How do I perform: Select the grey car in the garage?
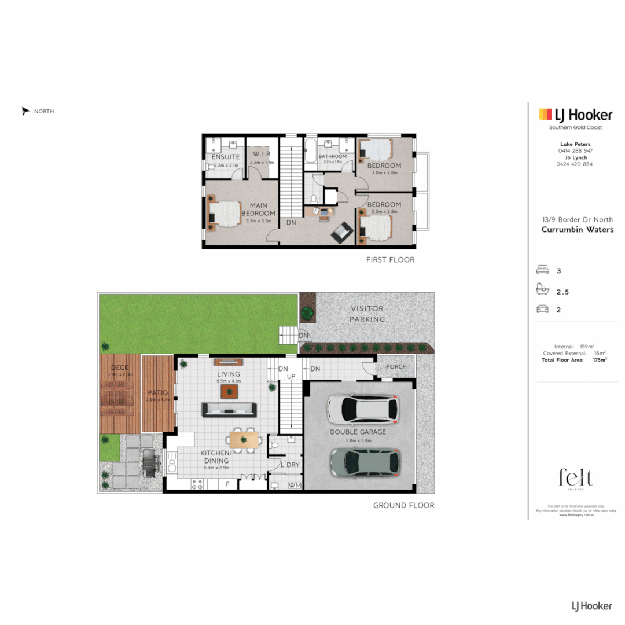(365, 461)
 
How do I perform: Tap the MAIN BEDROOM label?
(262, 209)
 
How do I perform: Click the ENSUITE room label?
(226, 157)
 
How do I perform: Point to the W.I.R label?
(262, 155)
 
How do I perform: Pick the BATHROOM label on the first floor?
(332, 156)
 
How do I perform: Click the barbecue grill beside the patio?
(149, 464)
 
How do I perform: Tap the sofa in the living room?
(229, 409)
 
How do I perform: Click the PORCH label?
(397, 367)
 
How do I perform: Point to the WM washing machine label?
(295, 485)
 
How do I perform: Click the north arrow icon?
(25, 111)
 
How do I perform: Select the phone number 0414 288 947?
(575, 150)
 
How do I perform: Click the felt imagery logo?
(575, 479)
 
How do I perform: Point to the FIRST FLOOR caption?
(390, 260)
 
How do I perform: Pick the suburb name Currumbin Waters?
(577, 229)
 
